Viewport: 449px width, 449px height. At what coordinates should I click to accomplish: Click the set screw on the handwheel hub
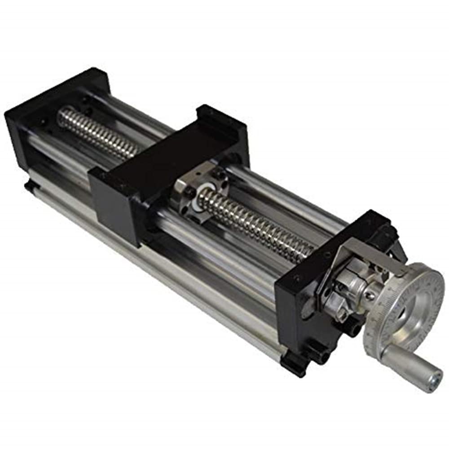pyautogui.click(x=369, y=296)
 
